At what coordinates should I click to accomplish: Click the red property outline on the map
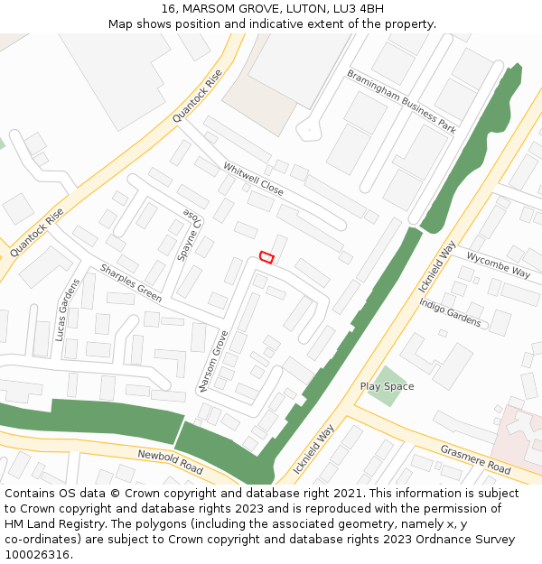(266, 257)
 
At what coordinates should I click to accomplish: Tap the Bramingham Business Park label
(401, 101)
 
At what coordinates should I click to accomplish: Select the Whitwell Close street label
(253, 180)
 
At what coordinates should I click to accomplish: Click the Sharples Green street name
(131, 282)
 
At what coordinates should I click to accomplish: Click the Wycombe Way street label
(498, 264)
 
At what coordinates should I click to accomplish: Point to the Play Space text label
(387, 386)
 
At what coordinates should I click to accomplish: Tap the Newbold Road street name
(170, 461)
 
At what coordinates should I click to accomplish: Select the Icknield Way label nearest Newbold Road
(313, 448)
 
